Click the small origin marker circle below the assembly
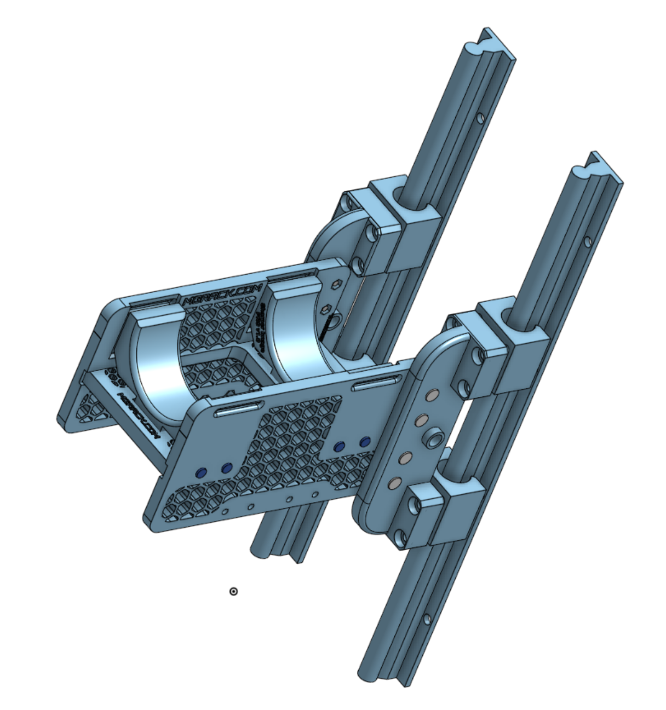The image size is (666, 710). click(x=233, y=591)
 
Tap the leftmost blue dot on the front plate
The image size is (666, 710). click(x=201, y=472)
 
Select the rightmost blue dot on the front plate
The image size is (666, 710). click(x=365, y=441)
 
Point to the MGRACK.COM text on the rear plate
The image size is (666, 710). click(x=222, y=295)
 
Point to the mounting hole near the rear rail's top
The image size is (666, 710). click(x=480, y=118)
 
